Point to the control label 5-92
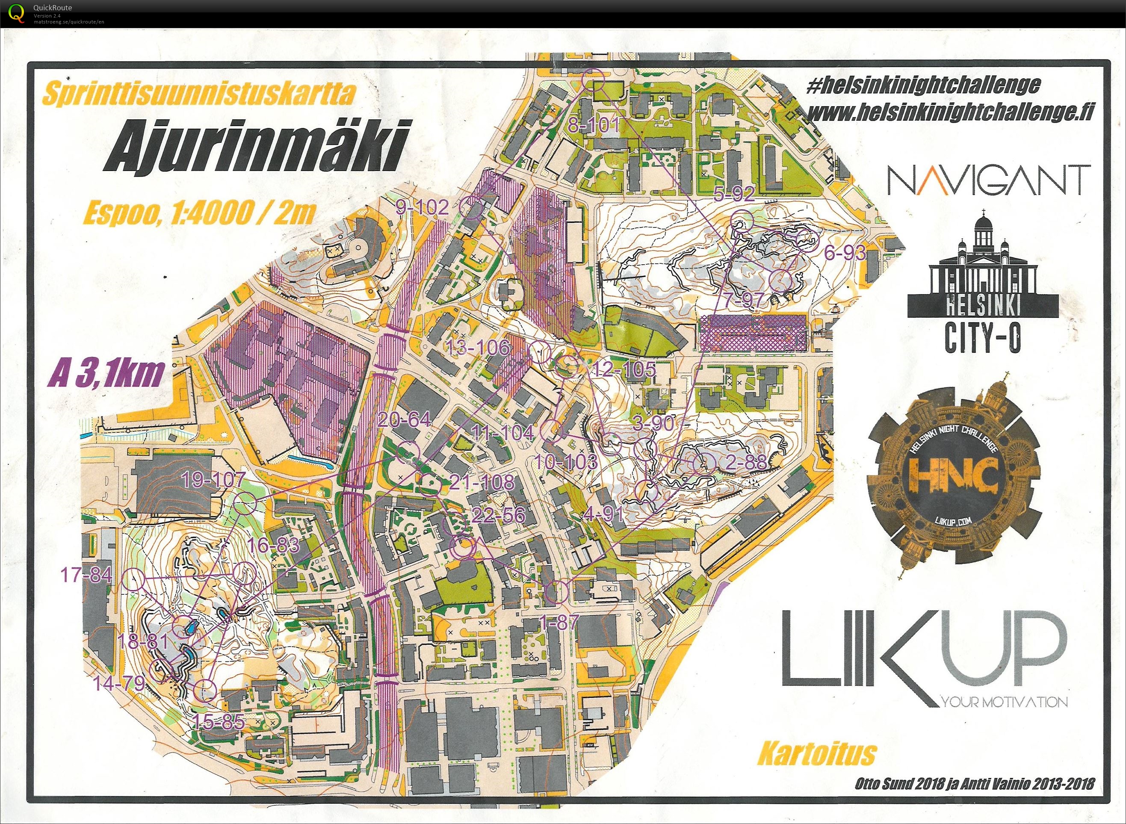pyautogui.click(x=733, y=194)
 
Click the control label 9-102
pyautogui.click(x=423, y=207)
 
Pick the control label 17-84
pyautogui.click(x=86, y=575)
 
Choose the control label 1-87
pyautogui.click(x=560, y=621)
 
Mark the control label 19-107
pyautogui.click(x=213, y=480)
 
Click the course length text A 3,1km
pyautogui.click(x=106, y=374)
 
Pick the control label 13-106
pyautogui.click(x=478, y=347)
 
